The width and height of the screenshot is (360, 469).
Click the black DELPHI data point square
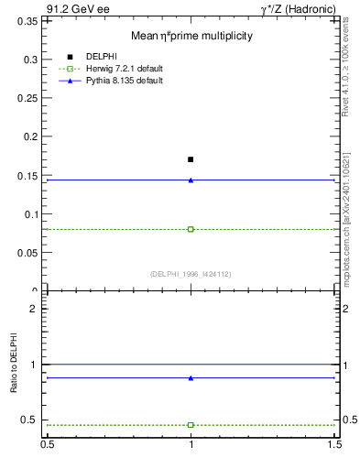191,159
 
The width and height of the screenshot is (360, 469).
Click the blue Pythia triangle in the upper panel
191,180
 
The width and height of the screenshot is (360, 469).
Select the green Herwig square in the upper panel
191,229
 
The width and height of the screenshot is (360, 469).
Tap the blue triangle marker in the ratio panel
191,377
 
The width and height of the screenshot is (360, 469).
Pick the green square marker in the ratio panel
191,425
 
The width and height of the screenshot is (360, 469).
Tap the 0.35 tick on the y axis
29,20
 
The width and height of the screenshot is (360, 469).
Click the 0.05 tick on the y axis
29,254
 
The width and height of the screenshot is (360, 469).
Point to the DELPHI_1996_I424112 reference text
191,274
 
